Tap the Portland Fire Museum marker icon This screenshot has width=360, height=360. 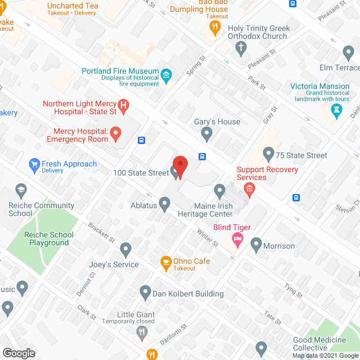pos(166,75)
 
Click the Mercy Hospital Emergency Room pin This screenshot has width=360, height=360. pos(116,134)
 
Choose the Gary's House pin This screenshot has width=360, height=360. pos(206,133)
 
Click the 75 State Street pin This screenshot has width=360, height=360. pos(268,153)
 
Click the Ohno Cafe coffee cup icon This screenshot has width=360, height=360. pos(166,262)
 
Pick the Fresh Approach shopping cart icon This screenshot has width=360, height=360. pos(34,165)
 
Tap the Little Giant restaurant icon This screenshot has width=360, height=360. pos(142,334)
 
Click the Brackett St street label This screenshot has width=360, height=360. pos(101,232)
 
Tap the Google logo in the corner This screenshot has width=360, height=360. pos(18,353)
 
